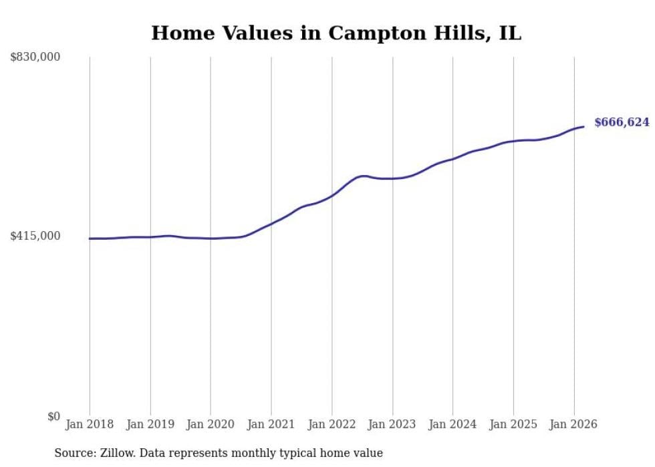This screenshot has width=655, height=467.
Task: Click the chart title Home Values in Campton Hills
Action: pos(336,33)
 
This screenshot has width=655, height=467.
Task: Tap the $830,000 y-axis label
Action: pos(35,57)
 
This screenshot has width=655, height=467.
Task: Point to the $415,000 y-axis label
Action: pos(35,237)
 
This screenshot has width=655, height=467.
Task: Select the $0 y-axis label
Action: pos(53,416)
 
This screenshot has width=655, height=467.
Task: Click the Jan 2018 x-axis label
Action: pos(90,424)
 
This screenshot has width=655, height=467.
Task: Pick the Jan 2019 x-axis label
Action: pos(150,424)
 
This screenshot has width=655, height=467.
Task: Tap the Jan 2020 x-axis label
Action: pos(211,424)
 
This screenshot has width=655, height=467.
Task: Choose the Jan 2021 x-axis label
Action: pos(271,424)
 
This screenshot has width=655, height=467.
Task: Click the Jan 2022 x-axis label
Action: pos(332,424)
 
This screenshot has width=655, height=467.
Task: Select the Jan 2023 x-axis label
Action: pos(392,424)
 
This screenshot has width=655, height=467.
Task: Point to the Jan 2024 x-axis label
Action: pos(452,424)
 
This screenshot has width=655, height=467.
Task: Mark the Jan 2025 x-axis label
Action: pos(513,424)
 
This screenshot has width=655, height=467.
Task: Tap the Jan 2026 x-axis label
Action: pos(573,424)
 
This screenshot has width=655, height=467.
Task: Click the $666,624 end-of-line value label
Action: pos(622,122)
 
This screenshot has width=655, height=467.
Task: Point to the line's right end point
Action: pos(583,126)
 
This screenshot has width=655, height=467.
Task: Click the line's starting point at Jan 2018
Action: pos(90,239)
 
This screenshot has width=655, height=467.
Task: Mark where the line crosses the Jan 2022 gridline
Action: pos(332,196)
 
